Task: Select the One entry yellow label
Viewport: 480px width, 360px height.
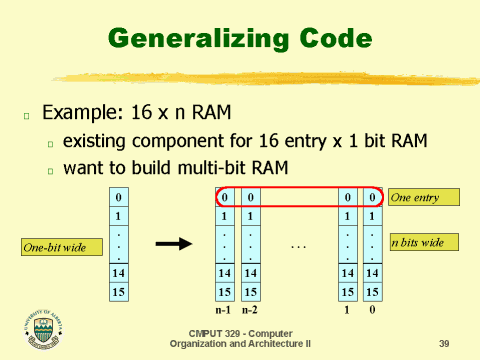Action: point(423,197)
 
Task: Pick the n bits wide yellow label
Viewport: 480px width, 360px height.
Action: point(423,242)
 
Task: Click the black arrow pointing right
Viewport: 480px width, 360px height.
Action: point(172,243)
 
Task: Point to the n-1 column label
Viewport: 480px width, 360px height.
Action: point(225,311)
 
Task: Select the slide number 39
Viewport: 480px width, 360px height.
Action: point(444,343)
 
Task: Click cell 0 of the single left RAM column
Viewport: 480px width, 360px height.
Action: point(118,197)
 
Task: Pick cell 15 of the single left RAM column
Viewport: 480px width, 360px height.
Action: point(118,292)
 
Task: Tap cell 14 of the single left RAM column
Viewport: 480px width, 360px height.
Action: point(118,273)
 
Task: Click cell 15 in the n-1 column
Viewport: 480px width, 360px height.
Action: point(225,292)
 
